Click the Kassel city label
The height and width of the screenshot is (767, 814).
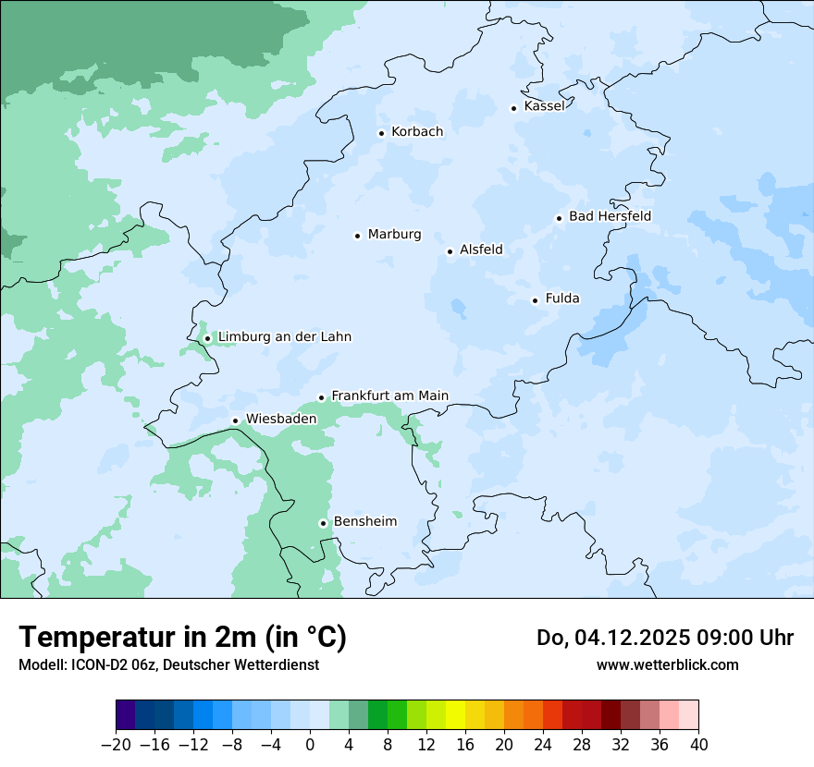point(544,106)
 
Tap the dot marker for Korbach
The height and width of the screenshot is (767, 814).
point(381,133)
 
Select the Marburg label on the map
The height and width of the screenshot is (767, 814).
point(394,235)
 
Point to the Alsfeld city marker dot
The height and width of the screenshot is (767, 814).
point(450,251)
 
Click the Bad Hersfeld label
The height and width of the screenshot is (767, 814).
point(610,216)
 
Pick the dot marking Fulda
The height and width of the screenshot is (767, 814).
point(535,300)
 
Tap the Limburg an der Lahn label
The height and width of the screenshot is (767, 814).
point(284,337)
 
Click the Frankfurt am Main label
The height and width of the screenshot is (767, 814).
point(389,396)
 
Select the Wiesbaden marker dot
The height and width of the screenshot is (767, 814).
point(235,421)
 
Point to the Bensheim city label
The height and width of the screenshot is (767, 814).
point(364,522)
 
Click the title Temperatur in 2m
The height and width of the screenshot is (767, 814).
point(182,638)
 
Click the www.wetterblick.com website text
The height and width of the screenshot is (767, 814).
point(667,664)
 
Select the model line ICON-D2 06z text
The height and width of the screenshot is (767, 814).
point(168,664)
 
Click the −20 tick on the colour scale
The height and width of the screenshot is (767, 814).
point(116,745)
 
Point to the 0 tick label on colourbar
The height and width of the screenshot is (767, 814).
point(310,745)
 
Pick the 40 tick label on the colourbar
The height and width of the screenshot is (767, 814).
point(698,745)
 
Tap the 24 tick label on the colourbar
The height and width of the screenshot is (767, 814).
point(543,745)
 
